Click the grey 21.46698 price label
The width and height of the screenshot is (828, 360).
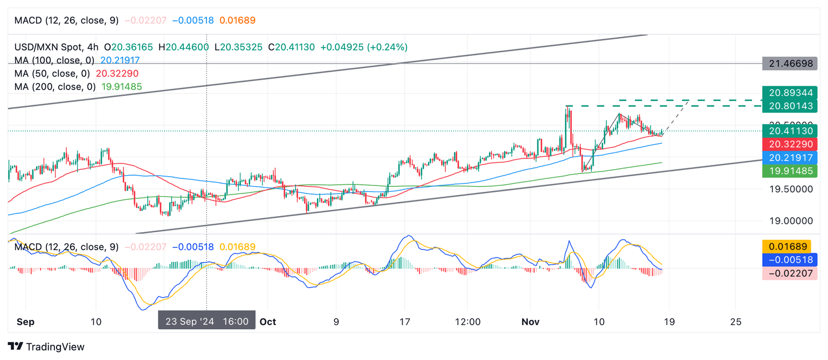(790, 64)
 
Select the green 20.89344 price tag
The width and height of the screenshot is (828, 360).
(790, 92)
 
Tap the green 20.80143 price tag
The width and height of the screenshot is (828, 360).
(790, 106)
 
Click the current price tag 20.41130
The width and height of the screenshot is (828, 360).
(790, 130)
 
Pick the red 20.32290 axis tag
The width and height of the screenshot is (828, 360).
(790, 144)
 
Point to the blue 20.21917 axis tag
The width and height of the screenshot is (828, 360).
(790, 157)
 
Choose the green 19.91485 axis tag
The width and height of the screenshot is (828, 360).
(790, 171)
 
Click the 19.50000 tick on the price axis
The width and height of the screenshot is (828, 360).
(790, 189)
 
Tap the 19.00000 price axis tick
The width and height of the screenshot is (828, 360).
(790, 220)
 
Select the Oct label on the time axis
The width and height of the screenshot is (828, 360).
(267, 322)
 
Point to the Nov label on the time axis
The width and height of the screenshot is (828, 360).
(530, 322)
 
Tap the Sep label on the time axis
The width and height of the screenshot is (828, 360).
(25, 322)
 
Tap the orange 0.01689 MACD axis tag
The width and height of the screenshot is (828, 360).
(790, 247)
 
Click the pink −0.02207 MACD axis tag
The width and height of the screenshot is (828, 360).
(790, 273)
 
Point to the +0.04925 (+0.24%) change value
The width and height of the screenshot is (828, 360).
(364, 47)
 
